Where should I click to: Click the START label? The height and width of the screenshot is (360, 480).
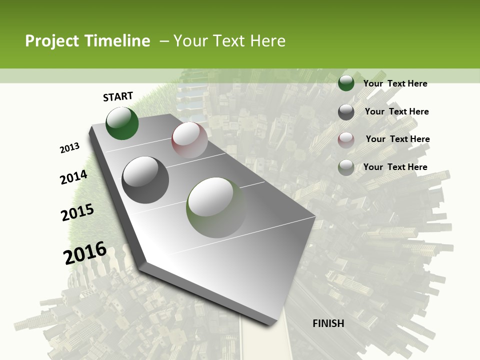click(x=118, y=96)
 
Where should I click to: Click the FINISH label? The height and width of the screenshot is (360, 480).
click(x=328, y=323)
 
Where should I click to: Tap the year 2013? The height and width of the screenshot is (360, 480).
click(x=70, y=148)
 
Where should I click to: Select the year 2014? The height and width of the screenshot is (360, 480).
click(x=74, y=177)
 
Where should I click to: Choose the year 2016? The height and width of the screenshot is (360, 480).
click(x=85, y=252)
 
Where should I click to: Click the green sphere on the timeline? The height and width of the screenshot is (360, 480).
click(x=122, y=123)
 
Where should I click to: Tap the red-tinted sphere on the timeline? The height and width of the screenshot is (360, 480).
click(x=189, y=140)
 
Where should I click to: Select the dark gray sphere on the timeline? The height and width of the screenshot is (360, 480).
click(x=145, y=180)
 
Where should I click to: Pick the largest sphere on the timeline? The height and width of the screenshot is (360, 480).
click(x=216, y=207)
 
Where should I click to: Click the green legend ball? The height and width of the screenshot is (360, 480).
click(x=346, y=83)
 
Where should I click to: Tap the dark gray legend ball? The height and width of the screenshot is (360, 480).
click(x=346, y=112)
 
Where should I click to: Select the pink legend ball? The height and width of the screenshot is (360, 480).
click(x=346, y=139)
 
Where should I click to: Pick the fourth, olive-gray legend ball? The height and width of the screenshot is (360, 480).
click(x=346, y=167)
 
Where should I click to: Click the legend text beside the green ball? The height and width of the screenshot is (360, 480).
click(x=395, y=83)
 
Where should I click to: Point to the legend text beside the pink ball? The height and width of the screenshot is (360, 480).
click(x=397, y=139)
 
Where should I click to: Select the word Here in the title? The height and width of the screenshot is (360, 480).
click(x=267, y=41)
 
